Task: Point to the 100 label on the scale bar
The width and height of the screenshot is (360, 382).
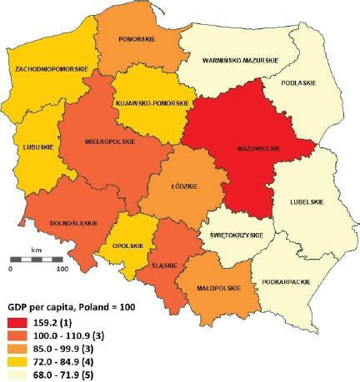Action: point(61,270)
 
